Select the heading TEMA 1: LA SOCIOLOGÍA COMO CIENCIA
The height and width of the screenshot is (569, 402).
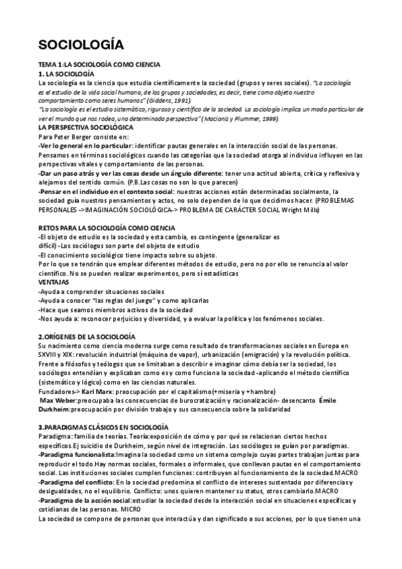click(99, 64)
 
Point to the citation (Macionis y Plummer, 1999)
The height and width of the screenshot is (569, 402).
click(242, 118)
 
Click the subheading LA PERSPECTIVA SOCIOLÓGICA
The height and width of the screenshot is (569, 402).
click(86, 127)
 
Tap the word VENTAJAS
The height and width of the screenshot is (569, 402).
click(54, 282)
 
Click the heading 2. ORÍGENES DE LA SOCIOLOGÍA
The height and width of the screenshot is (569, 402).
click(86, 335)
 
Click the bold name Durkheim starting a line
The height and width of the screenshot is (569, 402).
click(54, 409)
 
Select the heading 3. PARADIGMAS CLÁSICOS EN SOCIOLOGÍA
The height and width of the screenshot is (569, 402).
click(104, 427)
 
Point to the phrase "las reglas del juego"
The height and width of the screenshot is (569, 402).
click(127, 301)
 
